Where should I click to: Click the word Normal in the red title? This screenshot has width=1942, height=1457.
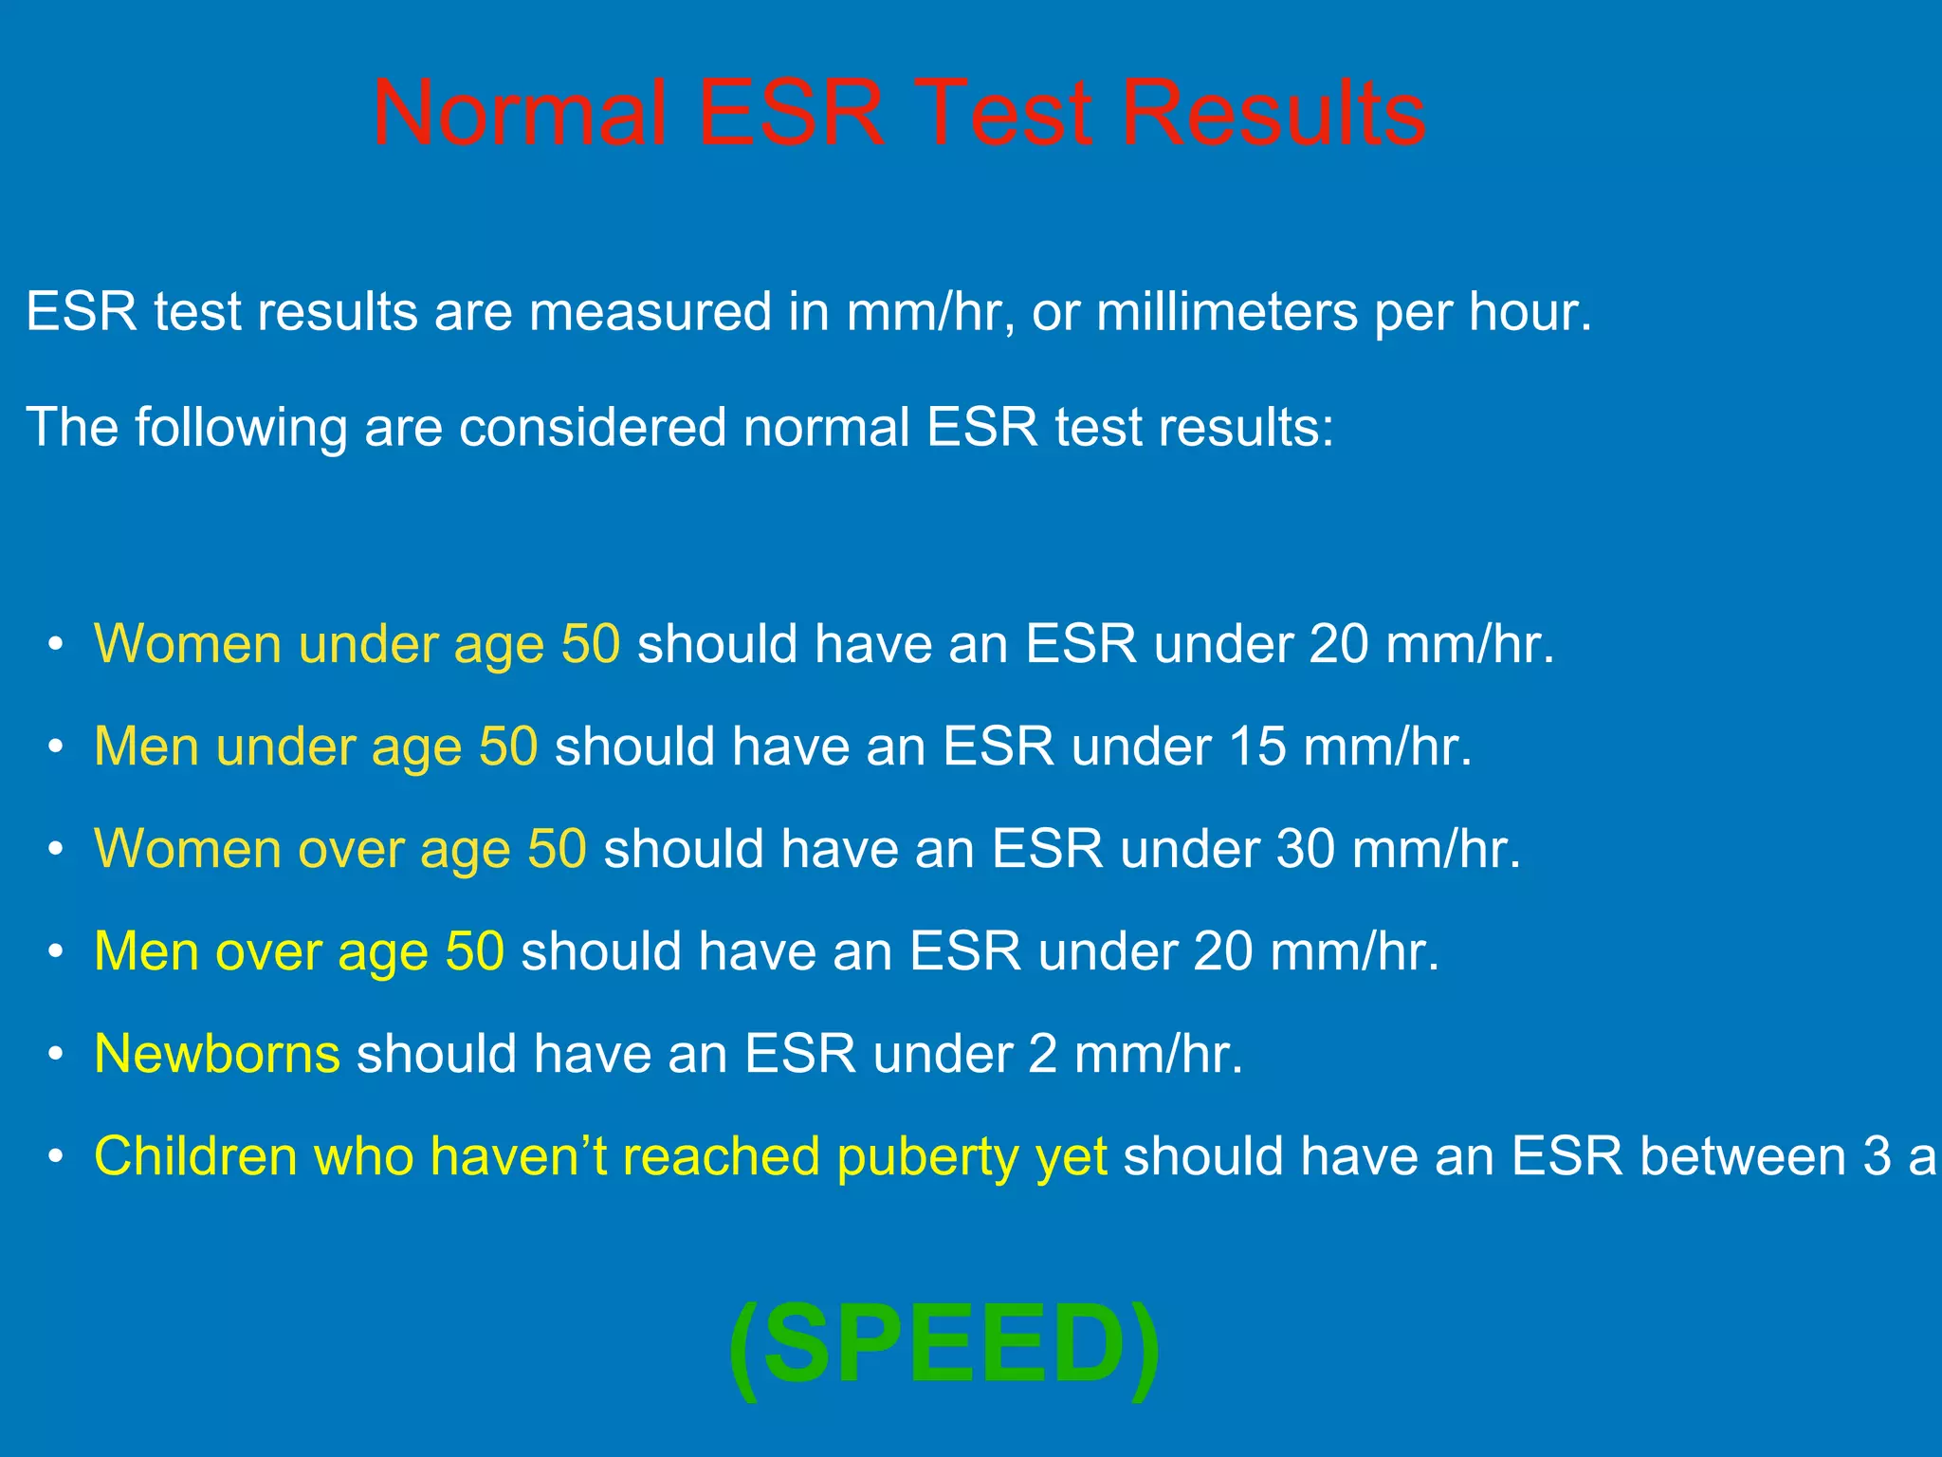519,114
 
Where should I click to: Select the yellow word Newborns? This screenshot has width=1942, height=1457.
217,1054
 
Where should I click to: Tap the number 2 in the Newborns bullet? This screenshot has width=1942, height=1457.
1043,1054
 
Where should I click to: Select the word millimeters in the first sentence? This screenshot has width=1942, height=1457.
1227,312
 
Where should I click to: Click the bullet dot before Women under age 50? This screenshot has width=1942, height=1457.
57,645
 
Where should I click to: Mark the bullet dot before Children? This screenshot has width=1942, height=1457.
57,1157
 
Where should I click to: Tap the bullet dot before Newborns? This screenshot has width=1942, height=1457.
57,1055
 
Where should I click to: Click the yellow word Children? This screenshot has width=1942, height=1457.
195,1156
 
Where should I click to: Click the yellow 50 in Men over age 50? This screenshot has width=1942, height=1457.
474,951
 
